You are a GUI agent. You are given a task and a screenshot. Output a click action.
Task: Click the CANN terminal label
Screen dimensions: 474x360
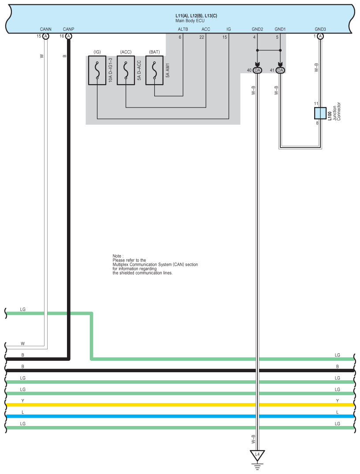point(46,30)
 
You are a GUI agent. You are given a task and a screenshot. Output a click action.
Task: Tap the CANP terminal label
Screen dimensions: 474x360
point(68,30)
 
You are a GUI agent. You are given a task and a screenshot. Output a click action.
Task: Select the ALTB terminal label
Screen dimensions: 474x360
point(183,30)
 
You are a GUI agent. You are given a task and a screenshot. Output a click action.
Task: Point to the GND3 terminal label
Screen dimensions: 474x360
point(320,30)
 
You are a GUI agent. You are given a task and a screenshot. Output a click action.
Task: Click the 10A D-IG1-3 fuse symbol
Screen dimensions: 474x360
point(97,70)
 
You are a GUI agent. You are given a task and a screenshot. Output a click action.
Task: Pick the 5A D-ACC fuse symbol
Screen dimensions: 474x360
point(126,70)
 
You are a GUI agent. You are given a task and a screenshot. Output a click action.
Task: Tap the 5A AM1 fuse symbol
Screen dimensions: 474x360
point(154,70)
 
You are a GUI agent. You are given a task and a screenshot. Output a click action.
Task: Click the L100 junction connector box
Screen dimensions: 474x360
point(320,113)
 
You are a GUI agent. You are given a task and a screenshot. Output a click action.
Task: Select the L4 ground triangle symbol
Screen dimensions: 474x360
point(257,454)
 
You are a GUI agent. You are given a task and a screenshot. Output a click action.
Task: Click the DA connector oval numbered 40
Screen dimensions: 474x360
point(257,70)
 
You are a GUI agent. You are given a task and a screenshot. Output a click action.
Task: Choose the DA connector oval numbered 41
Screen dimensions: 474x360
point(281,70)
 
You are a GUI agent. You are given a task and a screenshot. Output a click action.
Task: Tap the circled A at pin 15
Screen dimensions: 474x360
point(46,37)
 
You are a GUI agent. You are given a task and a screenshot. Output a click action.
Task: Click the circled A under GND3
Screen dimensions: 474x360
point(320,37)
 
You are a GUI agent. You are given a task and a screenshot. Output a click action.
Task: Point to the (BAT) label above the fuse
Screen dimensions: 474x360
point(154,52)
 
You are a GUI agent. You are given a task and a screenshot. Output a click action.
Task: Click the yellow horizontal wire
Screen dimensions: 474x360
point(176,405)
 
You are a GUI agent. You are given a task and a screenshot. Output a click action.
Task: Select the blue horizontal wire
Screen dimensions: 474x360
point(176,416)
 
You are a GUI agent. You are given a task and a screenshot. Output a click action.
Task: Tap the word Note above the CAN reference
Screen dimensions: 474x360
point(117,256)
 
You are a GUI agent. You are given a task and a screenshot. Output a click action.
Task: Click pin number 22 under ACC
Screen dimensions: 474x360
point(201,37)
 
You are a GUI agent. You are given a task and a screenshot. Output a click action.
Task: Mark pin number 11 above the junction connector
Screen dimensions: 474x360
point(316,104)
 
